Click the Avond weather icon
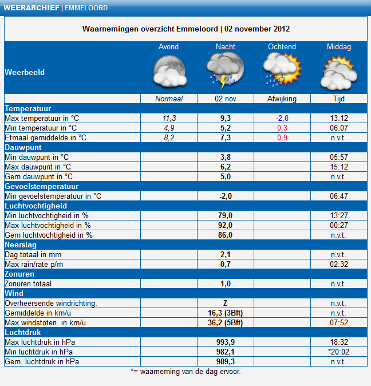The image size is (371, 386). pos(169,72)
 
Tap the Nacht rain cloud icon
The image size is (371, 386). pos(225,70)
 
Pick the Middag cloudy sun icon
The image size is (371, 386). pos(338,73)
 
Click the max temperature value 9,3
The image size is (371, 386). pos(225,118)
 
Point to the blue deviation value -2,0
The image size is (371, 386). pos(282,118)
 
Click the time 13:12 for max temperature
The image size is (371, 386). pos(338,118)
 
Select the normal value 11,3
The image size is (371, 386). pos(168,118)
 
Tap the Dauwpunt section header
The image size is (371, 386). pos(23,147)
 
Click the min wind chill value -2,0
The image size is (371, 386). pos(225,196)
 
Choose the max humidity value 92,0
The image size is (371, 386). pos(225,225)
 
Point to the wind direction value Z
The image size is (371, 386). pos(225,303)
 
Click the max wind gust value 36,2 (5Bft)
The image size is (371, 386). pos(225,322)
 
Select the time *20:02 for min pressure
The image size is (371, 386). pos(338,352)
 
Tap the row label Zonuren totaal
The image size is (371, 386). pos(29,283)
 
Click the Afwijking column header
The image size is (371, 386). pos(282,99)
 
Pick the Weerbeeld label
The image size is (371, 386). pos(24,73)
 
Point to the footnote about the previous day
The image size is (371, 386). pos(185,371)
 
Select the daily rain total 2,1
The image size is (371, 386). pos(225,254)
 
